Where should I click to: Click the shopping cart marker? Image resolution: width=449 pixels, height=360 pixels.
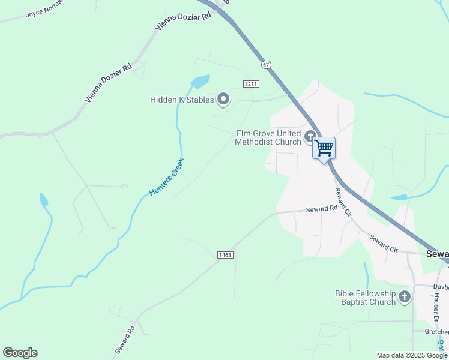[x=324, y=148]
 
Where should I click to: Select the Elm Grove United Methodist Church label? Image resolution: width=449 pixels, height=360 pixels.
[x=268, y=137]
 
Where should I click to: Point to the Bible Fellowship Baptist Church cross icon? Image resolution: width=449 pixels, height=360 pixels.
[x=405, y=296]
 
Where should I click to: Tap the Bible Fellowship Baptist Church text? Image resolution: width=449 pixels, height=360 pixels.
[x=365, y=298]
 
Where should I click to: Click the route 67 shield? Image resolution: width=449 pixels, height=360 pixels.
[x=266, y=64]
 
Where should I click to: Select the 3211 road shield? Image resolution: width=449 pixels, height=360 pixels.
[x=251, y=84]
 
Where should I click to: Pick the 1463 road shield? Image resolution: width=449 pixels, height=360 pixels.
[x=225, y=255]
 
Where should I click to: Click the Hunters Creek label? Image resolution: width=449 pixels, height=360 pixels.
[x=167, y=176]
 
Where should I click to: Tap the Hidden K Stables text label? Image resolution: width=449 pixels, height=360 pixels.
[x=182, y=100]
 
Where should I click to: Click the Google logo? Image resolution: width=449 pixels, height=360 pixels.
[x=20, y=352]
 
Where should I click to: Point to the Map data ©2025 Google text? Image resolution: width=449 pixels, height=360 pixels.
[x=412, y=355]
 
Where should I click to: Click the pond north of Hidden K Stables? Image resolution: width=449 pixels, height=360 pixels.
[x=200, y=81]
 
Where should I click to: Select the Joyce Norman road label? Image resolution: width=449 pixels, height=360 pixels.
[x=43, y=11]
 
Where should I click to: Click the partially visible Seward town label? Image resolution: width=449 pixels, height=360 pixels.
[x=437, y=254]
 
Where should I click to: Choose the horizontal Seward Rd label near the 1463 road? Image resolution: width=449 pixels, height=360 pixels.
[x=322, y=209]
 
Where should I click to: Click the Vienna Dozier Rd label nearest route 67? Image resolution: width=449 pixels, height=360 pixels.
[x=184, y=21]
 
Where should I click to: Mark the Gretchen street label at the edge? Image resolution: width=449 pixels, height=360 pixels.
[x=436, y=332]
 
